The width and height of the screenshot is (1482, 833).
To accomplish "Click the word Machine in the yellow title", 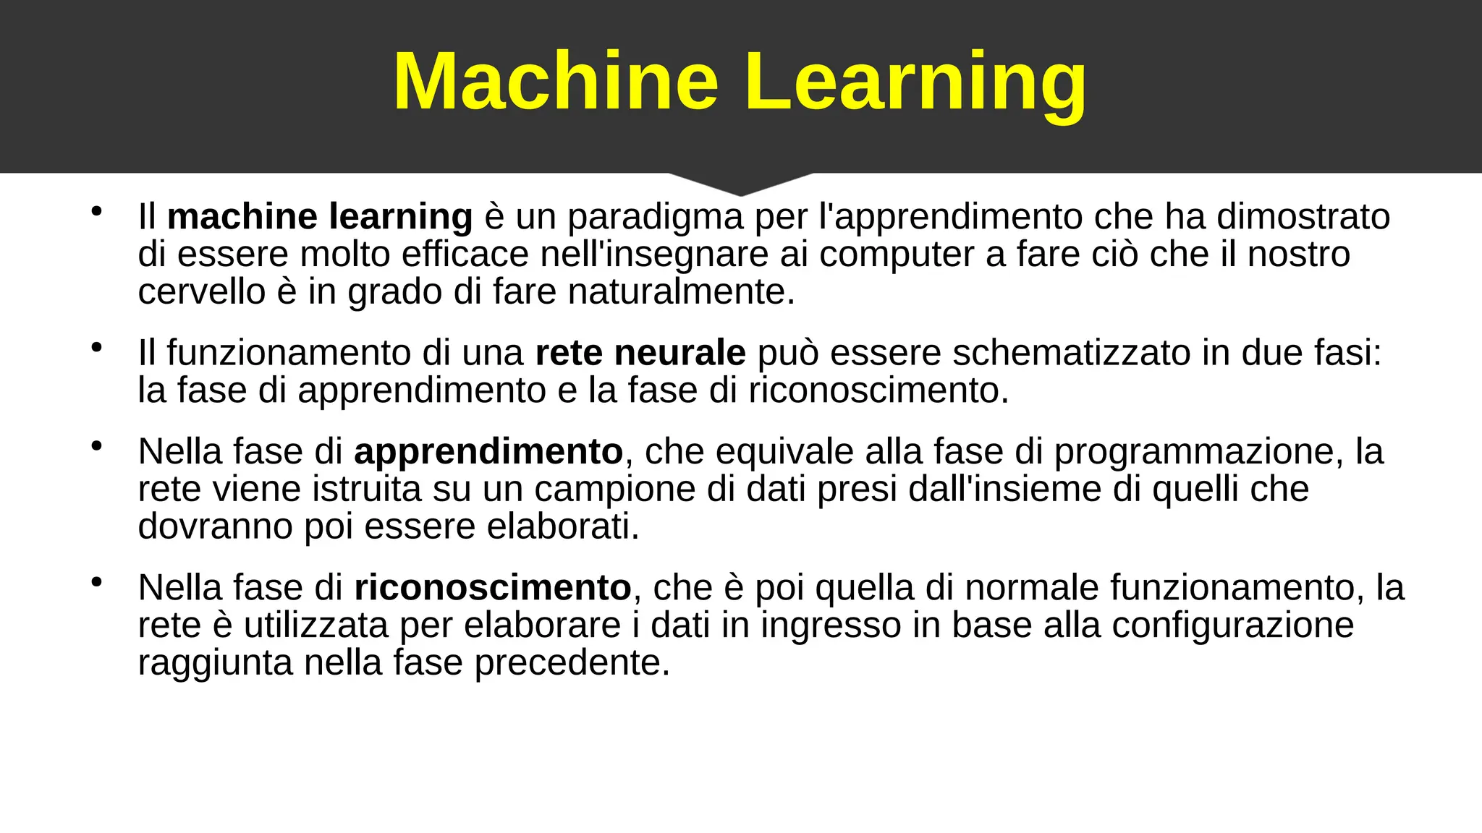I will point(555,81).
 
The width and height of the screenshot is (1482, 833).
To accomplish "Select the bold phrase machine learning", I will point(320,217).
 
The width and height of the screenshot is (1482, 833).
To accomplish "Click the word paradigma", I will point(655,217).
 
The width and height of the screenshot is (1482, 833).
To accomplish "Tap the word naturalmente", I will point(681,292).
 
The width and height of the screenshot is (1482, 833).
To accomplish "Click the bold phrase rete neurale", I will point(640,353).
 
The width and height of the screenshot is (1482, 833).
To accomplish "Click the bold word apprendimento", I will point(488,451).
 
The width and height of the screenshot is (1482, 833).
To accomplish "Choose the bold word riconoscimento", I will point(493,587).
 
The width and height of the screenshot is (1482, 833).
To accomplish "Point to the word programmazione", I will point(1193,451).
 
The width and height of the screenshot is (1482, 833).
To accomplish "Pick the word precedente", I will point(572,662).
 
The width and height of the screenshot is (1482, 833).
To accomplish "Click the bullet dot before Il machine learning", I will point(96,212).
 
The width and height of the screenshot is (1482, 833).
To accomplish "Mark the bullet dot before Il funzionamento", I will point(96,348).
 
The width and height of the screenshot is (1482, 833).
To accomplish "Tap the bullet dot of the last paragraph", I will point(96,582).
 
